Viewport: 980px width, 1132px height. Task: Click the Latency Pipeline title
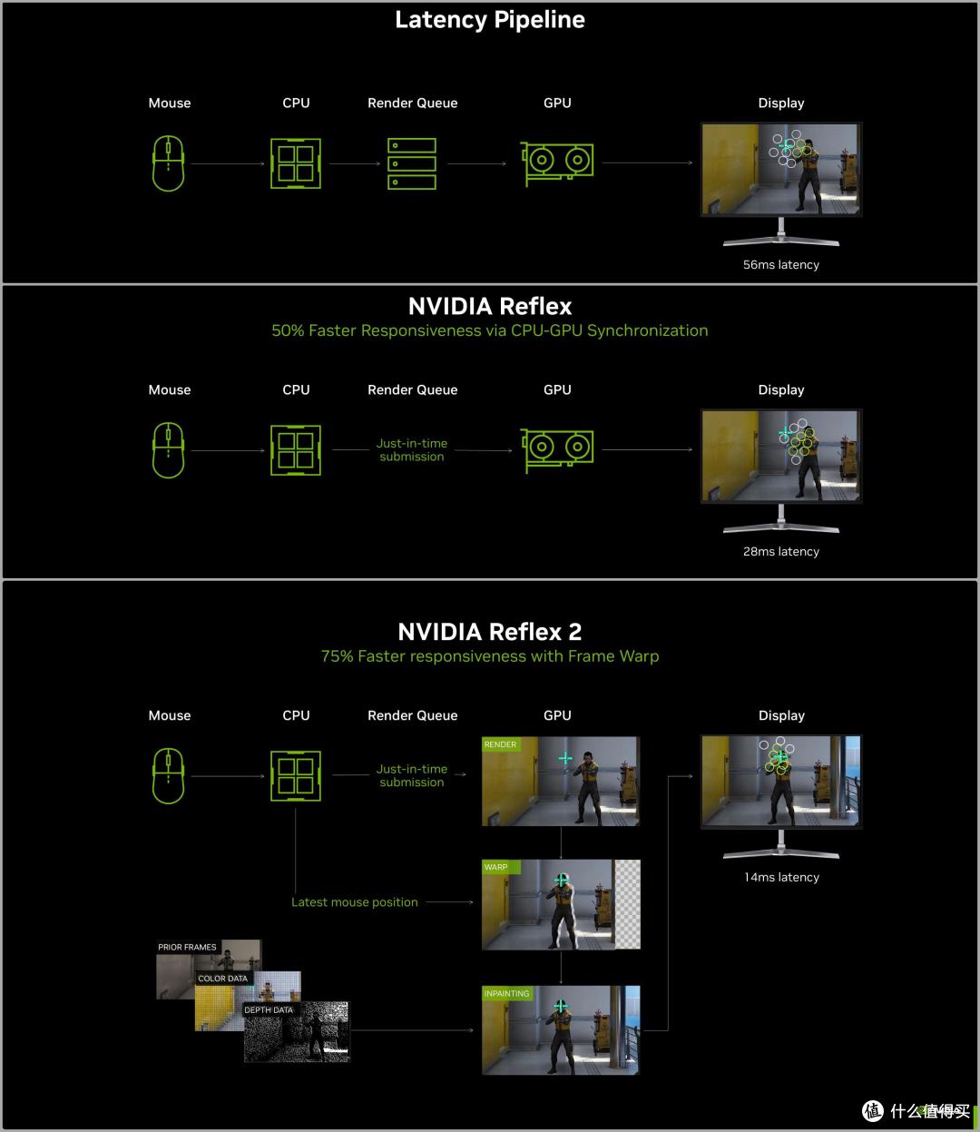490,20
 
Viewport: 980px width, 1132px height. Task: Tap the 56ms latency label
780,265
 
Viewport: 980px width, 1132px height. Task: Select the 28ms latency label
780,552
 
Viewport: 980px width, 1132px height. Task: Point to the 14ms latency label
781,878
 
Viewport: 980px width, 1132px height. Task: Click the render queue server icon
412,163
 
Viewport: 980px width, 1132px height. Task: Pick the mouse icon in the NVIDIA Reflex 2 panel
169,776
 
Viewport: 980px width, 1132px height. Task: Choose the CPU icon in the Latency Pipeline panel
296,163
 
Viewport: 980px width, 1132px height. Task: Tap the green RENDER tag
500,745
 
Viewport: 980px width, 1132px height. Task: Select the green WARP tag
496,868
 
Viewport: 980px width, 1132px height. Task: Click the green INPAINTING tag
506,994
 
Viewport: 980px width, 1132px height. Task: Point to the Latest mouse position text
355,902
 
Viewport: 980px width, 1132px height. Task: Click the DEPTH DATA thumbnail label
269,1010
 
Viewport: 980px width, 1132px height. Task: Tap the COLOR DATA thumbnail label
222,979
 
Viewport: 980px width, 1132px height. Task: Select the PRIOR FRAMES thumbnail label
187,947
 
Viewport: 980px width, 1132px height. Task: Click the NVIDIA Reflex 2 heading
490,632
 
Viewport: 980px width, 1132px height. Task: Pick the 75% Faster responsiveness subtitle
490,656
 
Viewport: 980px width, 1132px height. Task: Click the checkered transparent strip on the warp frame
627,904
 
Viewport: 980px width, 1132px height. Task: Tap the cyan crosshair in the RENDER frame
565,758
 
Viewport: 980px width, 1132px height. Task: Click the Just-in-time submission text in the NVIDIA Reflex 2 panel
412,776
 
